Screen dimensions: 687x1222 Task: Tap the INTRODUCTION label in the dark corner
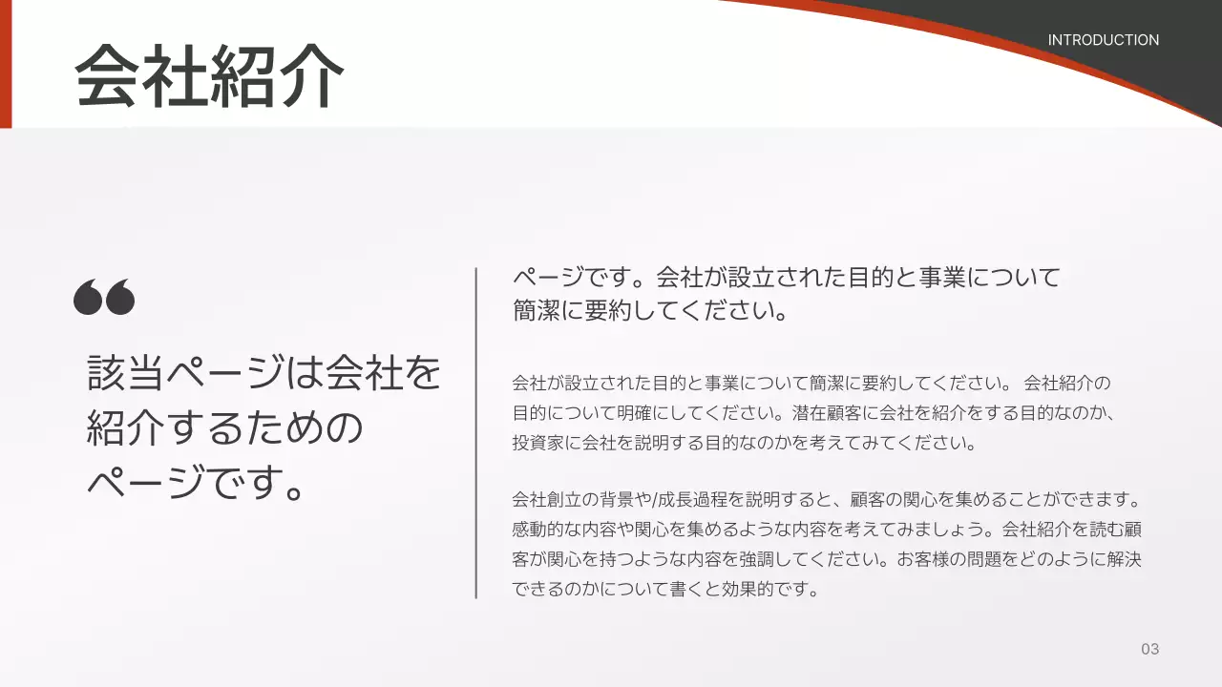coord(1103,40)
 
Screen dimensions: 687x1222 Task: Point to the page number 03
coord(1149,649)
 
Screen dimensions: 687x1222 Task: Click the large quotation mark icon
coord(104,298)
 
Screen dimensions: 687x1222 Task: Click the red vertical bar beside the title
coord(6,63)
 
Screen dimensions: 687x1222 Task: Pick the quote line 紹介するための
coord(225,427)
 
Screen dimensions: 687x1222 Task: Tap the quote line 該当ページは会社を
coord(264,373)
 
